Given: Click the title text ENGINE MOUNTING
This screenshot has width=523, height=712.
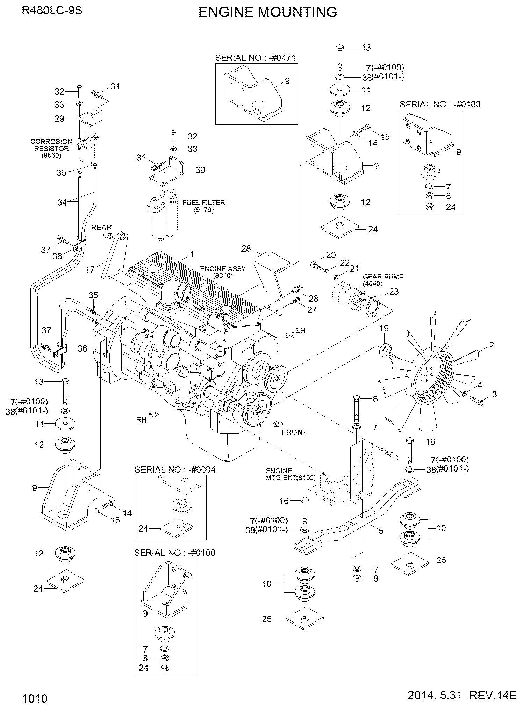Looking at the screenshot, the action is (267, 12).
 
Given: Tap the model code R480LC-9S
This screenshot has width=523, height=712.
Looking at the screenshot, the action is (52, 10).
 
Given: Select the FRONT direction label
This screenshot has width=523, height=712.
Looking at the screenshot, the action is (294, 432).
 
